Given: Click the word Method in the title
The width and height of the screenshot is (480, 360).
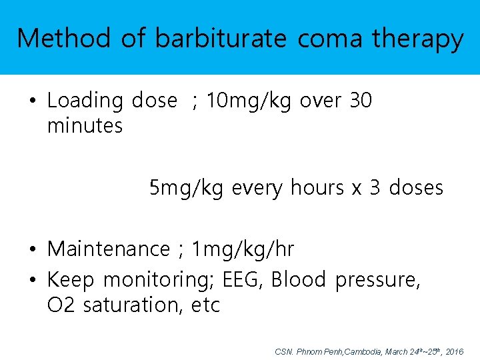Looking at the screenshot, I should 63,39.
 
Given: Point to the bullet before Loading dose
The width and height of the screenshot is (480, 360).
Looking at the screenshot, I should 32,101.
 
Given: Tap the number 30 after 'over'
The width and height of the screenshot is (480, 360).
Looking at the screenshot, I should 361,101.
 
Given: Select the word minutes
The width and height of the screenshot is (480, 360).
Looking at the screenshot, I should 85,125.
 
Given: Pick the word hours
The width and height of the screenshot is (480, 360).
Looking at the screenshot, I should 316,188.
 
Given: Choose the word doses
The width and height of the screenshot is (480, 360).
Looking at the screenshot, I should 416,188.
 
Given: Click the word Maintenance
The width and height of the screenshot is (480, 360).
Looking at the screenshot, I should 109,249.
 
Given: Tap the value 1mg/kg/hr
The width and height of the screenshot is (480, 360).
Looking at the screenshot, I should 243,250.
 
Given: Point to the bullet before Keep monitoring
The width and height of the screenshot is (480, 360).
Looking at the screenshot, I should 32,280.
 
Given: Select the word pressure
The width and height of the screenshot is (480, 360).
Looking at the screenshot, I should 377,281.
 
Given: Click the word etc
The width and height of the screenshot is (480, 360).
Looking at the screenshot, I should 205,306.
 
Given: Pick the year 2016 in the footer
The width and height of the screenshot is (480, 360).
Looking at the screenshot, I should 454,351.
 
